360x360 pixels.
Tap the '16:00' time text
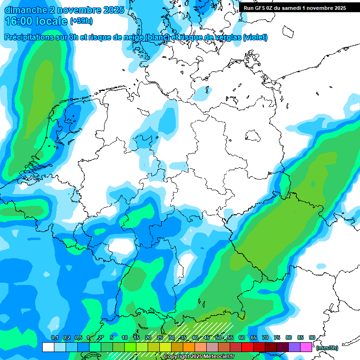[19, 21]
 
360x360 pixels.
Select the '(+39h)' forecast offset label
[81, 21]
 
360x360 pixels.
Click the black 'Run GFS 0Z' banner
[295, 7]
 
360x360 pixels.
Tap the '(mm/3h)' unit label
[327, 348]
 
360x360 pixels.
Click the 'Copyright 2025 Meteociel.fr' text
[199, 356]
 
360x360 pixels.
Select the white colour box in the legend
[48, 347]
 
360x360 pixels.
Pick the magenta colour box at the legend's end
[306, 347]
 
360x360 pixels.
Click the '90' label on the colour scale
[312, 337]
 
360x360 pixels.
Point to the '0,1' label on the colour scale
[54, 337]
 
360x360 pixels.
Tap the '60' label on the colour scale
[241, 337]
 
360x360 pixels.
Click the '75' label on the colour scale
[277, 337]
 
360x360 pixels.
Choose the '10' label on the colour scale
[124, 337]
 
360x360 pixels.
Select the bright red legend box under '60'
[247, 347]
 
